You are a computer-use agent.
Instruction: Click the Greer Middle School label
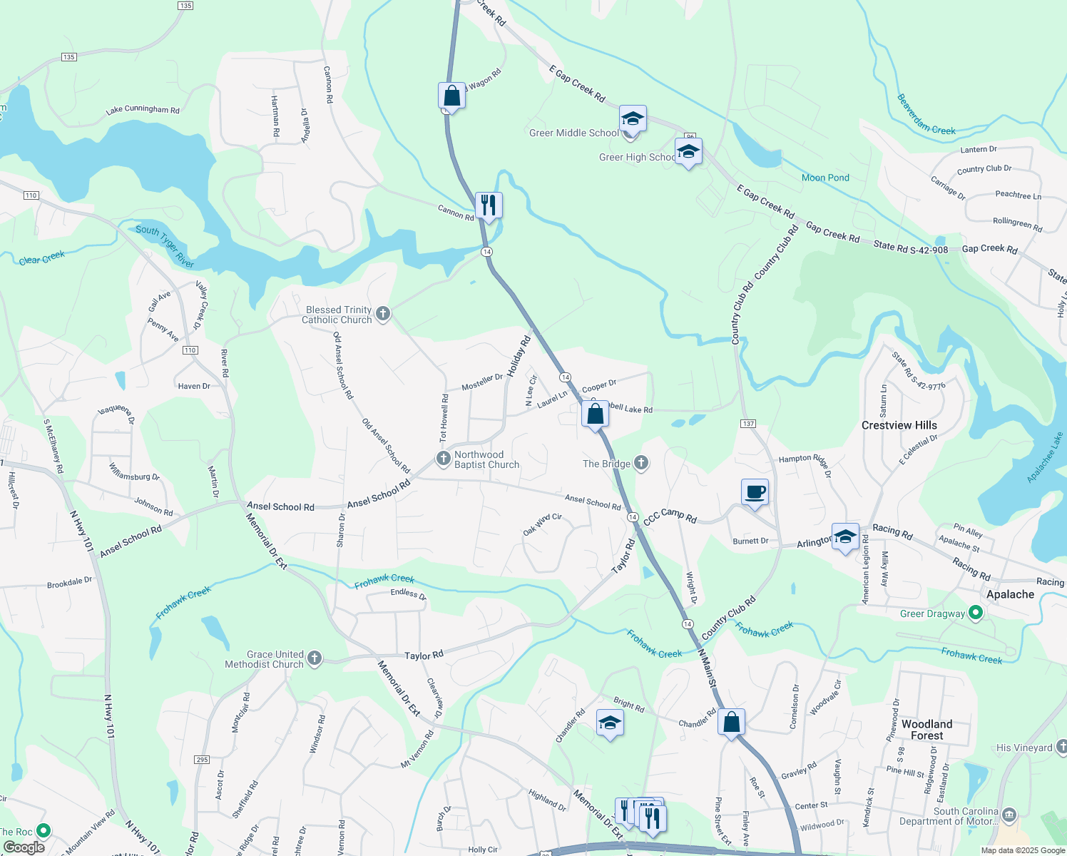click(573, 133)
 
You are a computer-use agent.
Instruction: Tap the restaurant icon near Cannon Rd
click(489, 205)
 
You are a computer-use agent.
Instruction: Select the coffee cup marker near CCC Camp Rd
click(755, 492)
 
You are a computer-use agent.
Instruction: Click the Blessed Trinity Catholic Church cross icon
click(383, 314)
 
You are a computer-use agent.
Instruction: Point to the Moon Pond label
click(825, 178)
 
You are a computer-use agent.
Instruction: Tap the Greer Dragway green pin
click(976, 613)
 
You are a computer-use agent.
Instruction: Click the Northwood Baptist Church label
click(486, 459)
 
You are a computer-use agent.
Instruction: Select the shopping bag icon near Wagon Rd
click(451, 95)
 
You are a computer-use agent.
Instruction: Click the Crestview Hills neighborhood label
click(899, 425)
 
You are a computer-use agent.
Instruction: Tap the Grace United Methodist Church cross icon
click(315, 658)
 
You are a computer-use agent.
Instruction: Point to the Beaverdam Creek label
click(926, 115)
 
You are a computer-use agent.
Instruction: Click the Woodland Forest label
click(926, 729)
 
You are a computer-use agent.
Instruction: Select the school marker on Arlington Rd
click(845, 536)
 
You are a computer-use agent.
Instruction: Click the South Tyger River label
click(165, 246)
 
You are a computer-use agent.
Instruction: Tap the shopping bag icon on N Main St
click(732, 722)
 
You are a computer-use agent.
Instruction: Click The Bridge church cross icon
click(641, 464)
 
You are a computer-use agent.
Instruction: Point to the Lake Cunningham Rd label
click(143, 110)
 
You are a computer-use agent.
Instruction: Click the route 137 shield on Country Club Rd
click(747, 424)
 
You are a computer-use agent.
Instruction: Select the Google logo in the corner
click(24, 847)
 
